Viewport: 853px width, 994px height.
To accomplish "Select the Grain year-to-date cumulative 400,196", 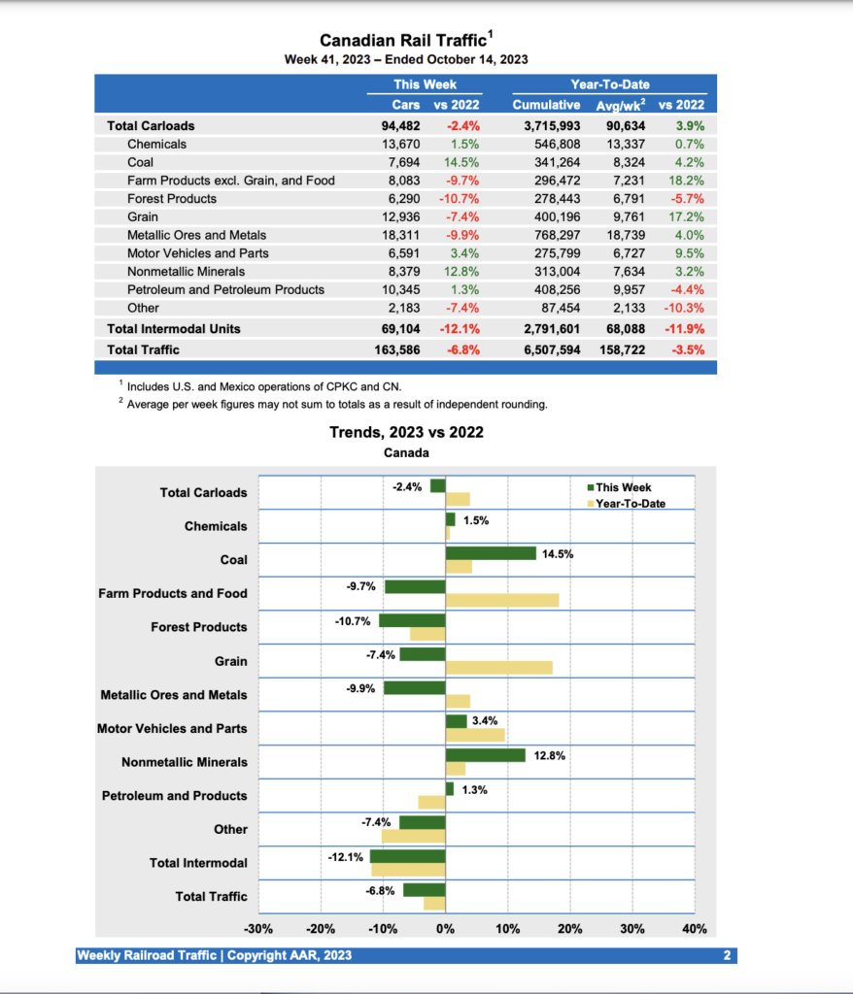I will pyautogui.click(x=552, y=216).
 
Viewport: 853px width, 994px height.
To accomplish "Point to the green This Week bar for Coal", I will pyautogui.click(x=491, y=553).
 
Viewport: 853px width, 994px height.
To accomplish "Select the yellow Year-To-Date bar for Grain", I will pyautogui.click(x=498, y=668).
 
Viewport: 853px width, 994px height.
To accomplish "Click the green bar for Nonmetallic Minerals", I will pyautogui.click(x=485, y=755).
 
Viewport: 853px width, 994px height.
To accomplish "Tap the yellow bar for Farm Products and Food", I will pyautogui.click(x=501, y=600).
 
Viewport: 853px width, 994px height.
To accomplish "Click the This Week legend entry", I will pyautogui.click(x=623, y=487).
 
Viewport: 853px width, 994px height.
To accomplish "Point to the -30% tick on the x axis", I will pyautogui.click(x=258, y=929).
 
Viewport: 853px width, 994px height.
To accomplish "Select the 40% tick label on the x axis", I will pyautogui.click(x=695, y=929).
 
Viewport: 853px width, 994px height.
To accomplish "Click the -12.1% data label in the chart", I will pyautogui.click(x=346, y=856).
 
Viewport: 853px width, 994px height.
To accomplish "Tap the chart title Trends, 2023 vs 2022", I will pyautogui.click(x=406, y=432).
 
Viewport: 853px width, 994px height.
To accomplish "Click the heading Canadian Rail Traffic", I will pyautogui.click(x=406, y=40).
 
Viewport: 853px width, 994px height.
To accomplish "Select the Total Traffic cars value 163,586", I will pyautogui.click(x=406, y=349).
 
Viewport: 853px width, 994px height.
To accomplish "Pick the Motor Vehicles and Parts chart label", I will pyautogui.click(x=172, y=728).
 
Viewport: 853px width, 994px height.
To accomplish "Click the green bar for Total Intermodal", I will pyautogui.click(x=407, y=856).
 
